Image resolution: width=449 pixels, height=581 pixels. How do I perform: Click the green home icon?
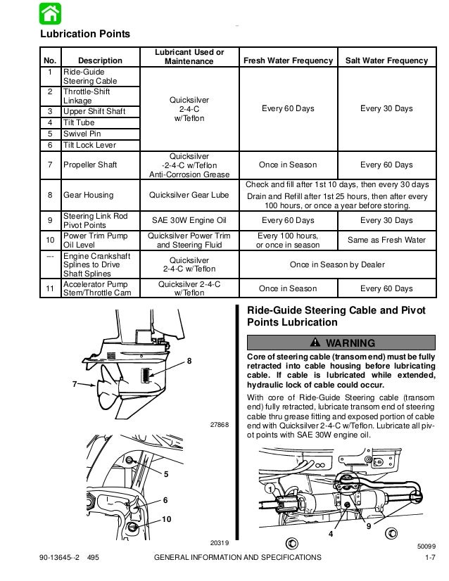[49, 13]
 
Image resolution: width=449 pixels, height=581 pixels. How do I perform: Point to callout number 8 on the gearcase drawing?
[189, 360]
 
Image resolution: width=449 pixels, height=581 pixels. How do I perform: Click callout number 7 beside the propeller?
[74, 384]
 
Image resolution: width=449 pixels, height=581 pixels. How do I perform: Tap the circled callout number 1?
[270, 488]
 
